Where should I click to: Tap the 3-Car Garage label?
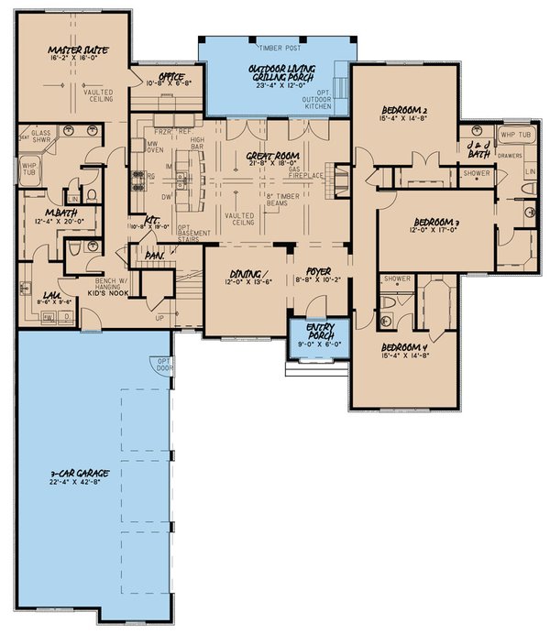(x=79, y=474)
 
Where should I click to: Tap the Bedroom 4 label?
(x=404, y=349)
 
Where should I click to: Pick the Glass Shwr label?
(x=41, y=135)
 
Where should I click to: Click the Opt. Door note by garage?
(x=163, y=366)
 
